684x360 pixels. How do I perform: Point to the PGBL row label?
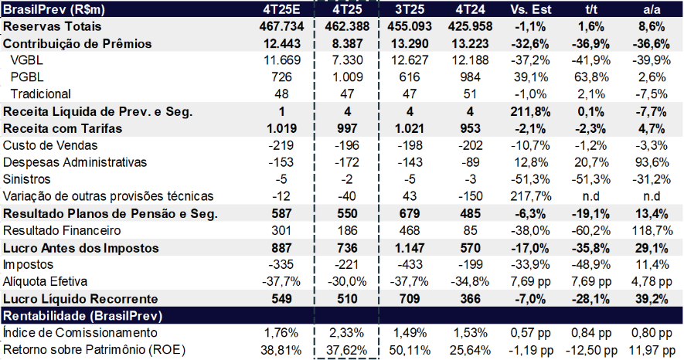pos(27,77)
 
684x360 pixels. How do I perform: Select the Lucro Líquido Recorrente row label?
pos(81,298)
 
